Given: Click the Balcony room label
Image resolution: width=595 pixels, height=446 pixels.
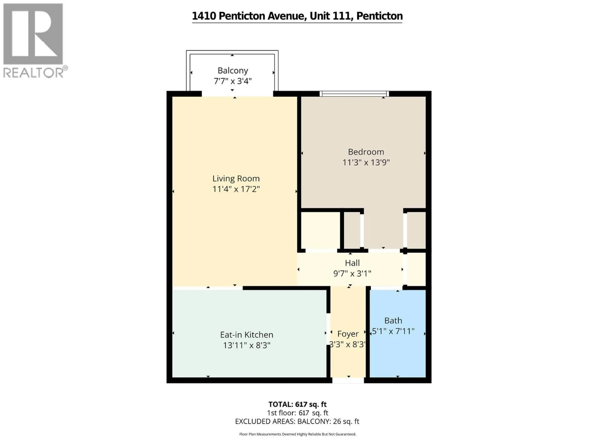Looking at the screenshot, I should click(x=233, y=71).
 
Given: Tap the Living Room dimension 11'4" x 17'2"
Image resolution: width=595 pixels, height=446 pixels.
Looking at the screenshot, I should click(x=236, y=189).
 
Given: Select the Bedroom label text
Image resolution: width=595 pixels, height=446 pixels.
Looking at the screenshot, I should click(x=366, y=152).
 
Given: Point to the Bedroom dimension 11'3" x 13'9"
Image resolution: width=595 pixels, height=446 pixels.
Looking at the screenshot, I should click(x=366, y=163).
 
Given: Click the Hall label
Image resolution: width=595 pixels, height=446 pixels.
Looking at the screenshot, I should click(x=352, y=263).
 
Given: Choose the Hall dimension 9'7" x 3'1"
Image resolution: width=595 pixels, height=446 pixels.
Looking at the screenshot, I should click(x=352, y=274).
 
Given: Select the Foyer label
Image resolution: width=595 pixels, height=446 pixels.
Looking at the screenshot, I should click(x=348, y=334).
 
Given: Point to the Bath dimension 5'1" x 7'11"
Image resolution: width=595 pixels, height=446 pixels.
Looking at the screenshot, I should click(x=393, y=331).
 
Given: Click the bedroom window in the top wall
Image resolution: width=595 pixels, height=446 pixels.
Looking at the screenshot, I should click(x=354, y=94).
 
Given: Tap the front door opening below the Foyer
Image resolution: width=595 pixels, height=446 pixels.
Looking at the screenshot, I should click(x=348, y=380).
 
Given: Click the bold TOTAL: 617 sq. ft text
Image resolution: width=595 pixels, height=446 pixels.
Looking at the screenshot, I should click(x=297, y=404).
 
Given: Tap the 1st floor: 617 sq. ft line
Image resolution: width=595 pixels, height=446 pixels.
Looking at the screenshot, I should click(x=297, y=413).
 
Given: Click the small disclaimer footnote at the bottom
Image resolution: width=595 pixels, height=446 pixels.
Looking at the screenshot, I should click(x=297, y=434).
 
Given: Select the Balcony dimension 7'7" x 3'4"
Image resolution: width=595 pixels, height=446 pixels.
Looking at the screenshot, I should click(x=233, y=81).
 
